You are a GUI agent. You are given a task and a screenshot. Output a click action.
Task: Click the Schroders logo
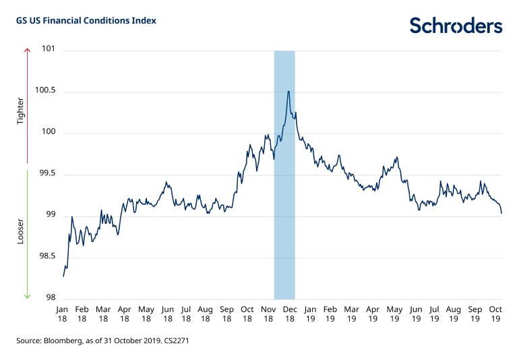tap(456, 26)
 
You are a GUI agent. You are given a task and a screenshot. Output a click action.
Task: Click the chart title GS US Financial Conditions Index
tap(86, 21)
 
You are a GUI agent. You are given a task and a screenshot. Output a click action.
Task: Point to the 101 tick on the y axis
tap(49, 51)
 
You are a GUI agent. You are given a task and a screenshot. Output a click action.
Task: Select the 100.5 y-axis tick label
tap(45, 92)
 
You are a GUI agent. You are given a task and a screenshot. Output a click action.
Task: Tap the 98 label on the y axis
tap(51, 299)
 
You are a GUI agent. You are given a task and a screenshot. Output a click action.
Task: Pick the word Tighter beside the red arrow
tap(20, 111)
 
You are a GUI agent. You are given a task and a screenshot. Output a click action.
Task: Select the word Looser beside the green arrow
tap(20, 231)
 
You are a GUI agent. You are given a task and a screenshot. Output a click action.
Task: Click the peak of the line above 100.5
tap(288, 91)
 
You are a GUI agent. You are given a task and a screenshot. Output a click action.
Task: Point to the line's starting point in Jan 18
tap(63, 276)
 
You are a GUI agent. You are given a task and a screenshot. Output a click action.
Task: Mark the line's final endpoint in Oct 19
tap(502, 214)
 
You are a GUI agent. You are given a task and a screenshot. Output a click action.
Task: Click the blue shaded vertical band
tap(284, 202)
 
